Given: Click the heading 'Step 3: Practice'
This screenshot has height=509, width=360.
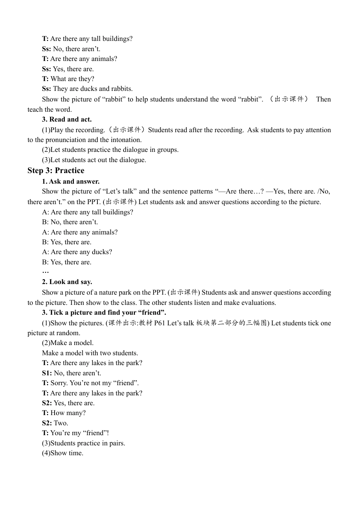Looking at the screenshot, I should tap(56, 170).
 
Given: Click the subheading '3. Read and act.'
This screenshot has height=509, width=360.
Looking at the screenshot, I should tap(67, 119).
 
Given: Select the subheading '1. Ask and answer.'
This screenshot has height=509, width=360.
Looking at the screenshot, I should tap(70, 181).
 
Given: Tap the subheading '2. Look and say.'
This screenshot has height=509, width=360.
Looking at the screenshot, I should tap(67, 282).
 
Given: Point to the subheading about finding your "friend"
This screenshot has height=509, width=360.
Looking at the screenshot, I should tap(104, 312).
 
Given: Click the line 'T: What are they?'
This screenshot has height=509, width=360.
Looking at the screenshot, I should tap(68, 79).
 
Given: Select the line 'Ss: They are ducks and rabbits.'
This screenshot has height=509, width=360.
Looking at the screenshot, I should tap(87, 89).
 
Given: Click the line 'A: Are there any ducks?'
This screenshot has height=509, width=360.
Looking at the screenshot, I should tap(77, 252).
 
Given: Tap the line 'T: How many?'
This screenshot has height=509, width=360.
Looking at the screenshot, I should tap(64, 413).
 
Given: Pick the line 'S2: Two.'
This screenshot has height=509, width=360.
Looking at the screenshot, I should tap(55, 423).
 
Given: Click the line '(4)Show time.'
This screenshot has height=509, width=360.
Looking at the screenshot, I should tap(63, 453).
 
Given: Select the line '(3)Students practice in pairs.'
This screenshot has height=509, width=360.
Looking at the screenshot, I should tap(83, 443).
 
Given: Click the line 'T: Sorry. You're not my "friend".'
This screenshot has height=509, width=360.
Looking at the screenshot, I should tap(90, 383).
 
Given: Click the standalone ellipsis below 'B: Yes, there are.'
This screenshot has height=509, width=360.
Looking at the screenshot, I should tap(45, 272).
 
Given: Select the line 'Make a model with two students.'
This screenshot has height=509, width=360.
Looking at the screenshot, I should tap(90, 353).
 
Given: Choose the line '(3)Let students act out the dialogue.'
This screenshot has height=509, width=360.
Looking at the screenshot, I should tap(94, 160).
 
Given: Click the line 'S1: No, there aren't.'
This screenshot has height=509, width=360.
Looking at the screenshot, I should tap(71, 373).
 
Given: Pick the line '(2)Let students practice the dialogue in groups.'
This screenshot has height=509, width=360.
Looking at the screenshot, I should tap(110, 150).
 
